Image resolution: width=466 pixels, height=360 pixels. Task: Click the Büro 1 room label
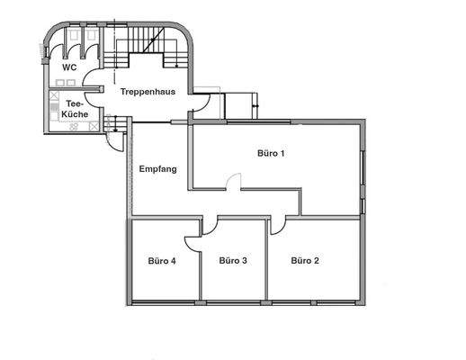271,154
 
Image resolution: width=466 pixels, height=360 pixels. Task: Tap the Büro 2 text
305,261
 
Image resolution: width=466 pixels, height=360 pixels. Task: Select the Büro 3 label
233,261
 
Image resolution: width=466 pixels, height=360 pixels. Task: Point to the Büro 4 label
162,261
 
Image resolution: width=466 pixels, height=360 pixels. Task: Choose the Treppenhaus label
148,91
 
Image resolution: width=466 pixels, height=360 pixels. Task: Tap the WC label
68,68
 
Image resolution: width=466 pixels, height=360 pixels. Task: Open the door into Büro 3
210,225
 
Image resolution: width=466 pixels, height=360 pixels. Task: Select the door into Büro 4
193,243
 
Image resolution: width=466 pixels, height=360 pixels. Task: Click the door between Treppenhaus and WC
93,78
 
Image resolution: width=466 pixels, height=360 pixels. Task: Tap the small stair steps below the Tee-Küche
112,124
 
